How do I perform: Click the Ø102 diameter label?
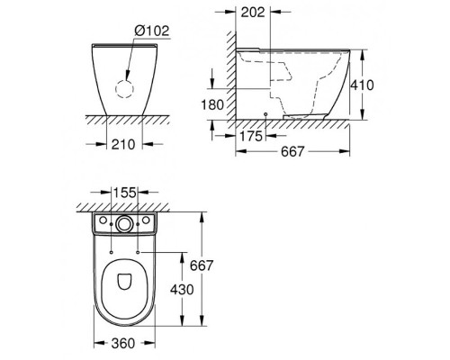152,31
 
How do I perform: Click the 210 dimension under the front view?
123,145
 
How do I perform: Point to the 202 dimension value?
253,13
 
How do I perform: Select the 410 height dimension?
363,85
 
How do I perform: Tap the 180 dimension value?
212,105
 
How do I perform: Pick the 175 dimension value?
251,136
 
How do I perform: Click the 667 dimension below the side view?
292,152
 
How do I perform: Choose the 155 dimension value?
125,193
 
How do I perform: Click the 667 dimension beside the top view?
202,265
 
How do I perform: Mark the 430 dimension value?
182,290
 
